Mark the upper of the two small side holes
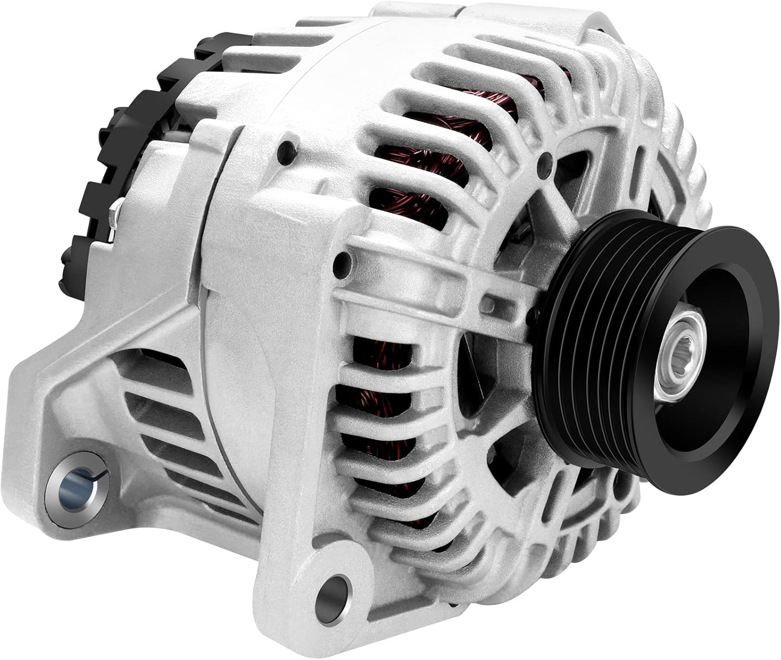pos(285,151)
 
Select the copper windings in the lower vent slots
pos(375,417)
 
